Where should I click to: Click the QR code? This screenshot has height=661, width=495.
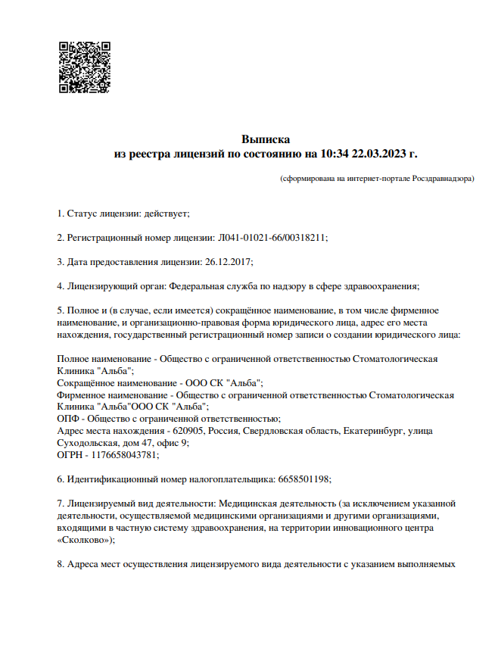click(85, 67)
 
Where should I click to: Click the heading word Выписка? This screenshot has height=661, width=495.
click(266, 139)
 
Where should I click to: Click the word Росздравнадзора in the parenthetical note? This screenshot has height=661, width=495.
click(442, 179)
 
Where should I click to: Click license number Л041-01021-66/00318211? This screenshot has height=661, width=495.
click(272, 237)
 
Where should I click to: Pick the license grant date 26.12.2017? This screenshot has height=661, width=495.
click(227, 261)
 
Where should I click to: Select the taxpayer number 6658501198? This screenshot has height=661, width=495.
click(298, 479)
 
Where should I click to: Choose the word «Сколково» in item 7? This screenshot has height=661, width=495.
click(86, 540)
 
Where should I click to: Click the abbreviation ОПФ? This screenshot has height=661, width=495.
click(68, 419)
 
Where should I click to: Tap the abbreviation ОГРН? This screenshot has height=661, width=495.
click(71, 455)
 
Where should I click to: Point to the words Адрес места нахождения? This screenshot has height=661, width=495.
click(107, 431)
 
